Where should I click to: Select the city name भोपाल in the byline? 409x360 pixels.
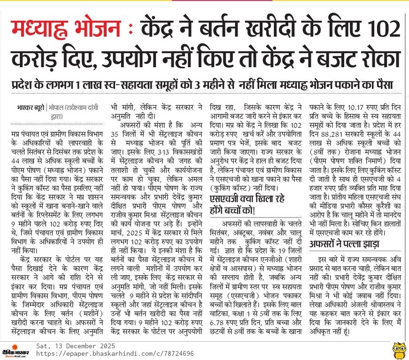coord(57,106)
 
